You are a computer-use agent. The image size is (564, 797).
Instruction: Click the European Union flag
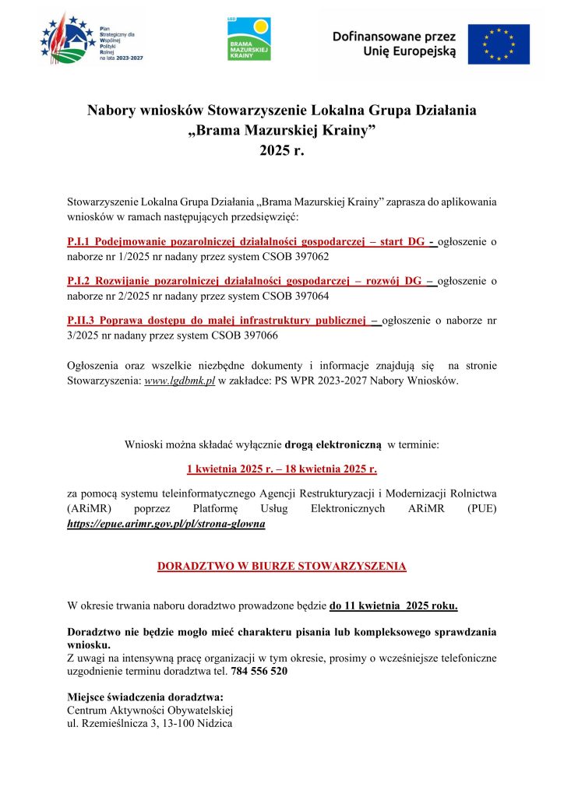(x=498, y=44)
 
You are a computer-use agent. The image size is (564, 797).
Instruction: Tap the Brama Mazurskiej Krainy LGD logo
(x=249, y=38)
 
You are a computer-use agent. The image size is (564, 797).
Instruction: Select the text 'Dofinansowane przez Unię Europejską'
(x=388, y=44)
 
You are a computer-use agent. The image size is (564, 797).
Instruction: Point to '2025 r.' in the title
(x=281, y=151)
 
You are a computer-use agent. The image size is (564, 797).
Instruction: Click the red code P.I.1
(x=81, y=242)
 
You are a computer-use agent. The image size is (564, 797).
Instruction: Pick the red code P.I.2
(x=81, y=281)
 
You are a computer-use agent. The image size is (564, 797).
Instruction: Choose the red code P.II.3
(x=83, y=321)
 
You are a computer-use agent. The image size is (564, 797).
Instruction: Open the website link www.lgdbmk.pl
(x=179, y=381)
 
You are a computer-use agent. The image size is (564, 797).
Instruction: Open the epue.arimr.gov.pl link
(x=167, y=525)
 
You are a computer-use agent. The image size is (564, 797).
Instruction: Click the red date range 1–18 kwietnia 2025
(x=281, y=469)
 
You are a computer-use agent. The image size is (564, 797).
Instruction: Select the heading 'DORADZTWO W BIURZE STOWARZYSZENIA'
(x=281, y=566)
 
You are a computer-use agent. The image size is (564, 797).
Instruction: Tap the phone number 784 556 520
(x=259, y=670)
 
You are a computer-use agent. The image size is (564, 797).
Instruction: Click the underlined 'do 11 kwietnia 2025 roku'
(x=393, y=605)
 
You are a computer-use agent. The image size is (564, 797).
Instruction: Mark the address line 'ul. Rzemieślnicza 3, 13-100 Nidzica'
(x=150, y=723)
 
